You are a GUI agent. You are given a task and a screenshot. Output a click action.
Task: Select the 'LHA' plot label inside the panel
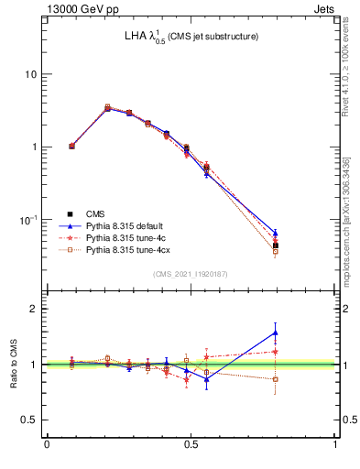[136, 37]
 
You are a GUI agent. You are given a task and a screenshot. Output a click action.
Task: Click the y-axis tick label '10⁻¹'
[27, 220]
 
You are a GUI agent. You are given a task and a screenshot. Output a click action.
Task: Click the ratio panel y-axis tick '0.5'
[28, 420]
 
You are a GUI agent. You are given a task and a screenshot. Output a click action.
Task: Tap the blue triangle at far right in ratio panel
[276, 333]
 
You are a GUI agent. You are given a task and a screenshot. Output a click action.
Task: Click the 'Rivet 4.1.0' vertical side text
[351, 64]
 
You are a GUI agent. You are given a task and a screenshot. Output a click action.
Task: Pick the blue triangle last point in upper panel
[276, 233]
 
